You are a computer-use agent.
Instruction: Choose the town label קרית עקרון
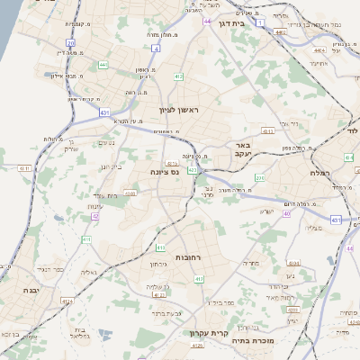[x=206, y=333]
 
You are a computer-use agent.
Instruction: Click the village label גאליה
[x=88, y=272]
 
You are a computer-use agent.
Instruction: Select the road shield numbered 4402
[x=280, y=32]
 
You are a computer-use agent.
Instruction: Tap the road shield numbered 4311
[x=24, y=168]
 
